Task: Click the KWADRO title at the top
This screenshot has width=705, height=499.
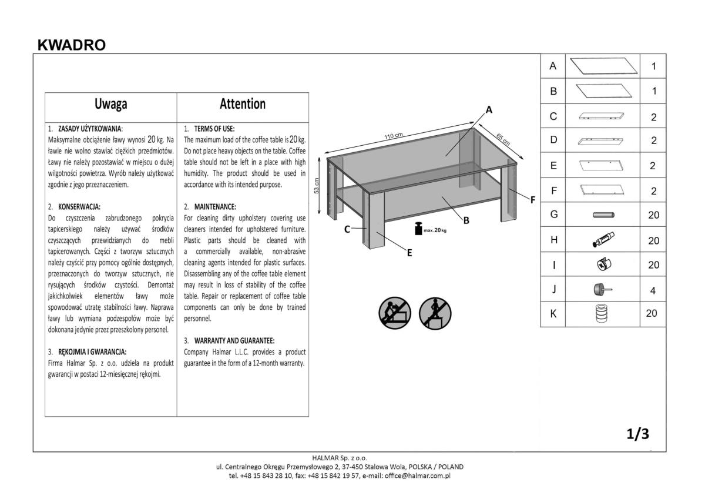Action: (71, 45)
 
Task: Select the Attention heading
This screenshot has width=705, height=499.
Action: (243, 104)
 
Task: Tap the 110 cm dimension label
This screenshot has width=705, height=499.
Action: (394, 136)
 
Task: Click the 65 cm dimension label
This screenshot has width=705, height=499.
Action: (503, 140)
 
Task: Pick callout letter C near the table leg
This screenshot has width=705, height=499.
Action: (348, 229)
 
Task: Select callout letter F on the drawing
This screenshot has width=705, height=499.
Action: (533, 200)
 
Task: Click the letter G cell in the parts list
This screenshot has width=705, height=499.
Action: (553, 215)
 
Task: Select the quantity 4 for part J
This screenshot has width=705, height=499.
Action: (653, 290)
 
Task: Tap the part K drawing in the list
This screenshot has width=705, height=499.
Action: (602, 314)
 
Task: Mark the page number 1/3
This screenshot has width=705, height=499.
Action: (637, 434)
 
